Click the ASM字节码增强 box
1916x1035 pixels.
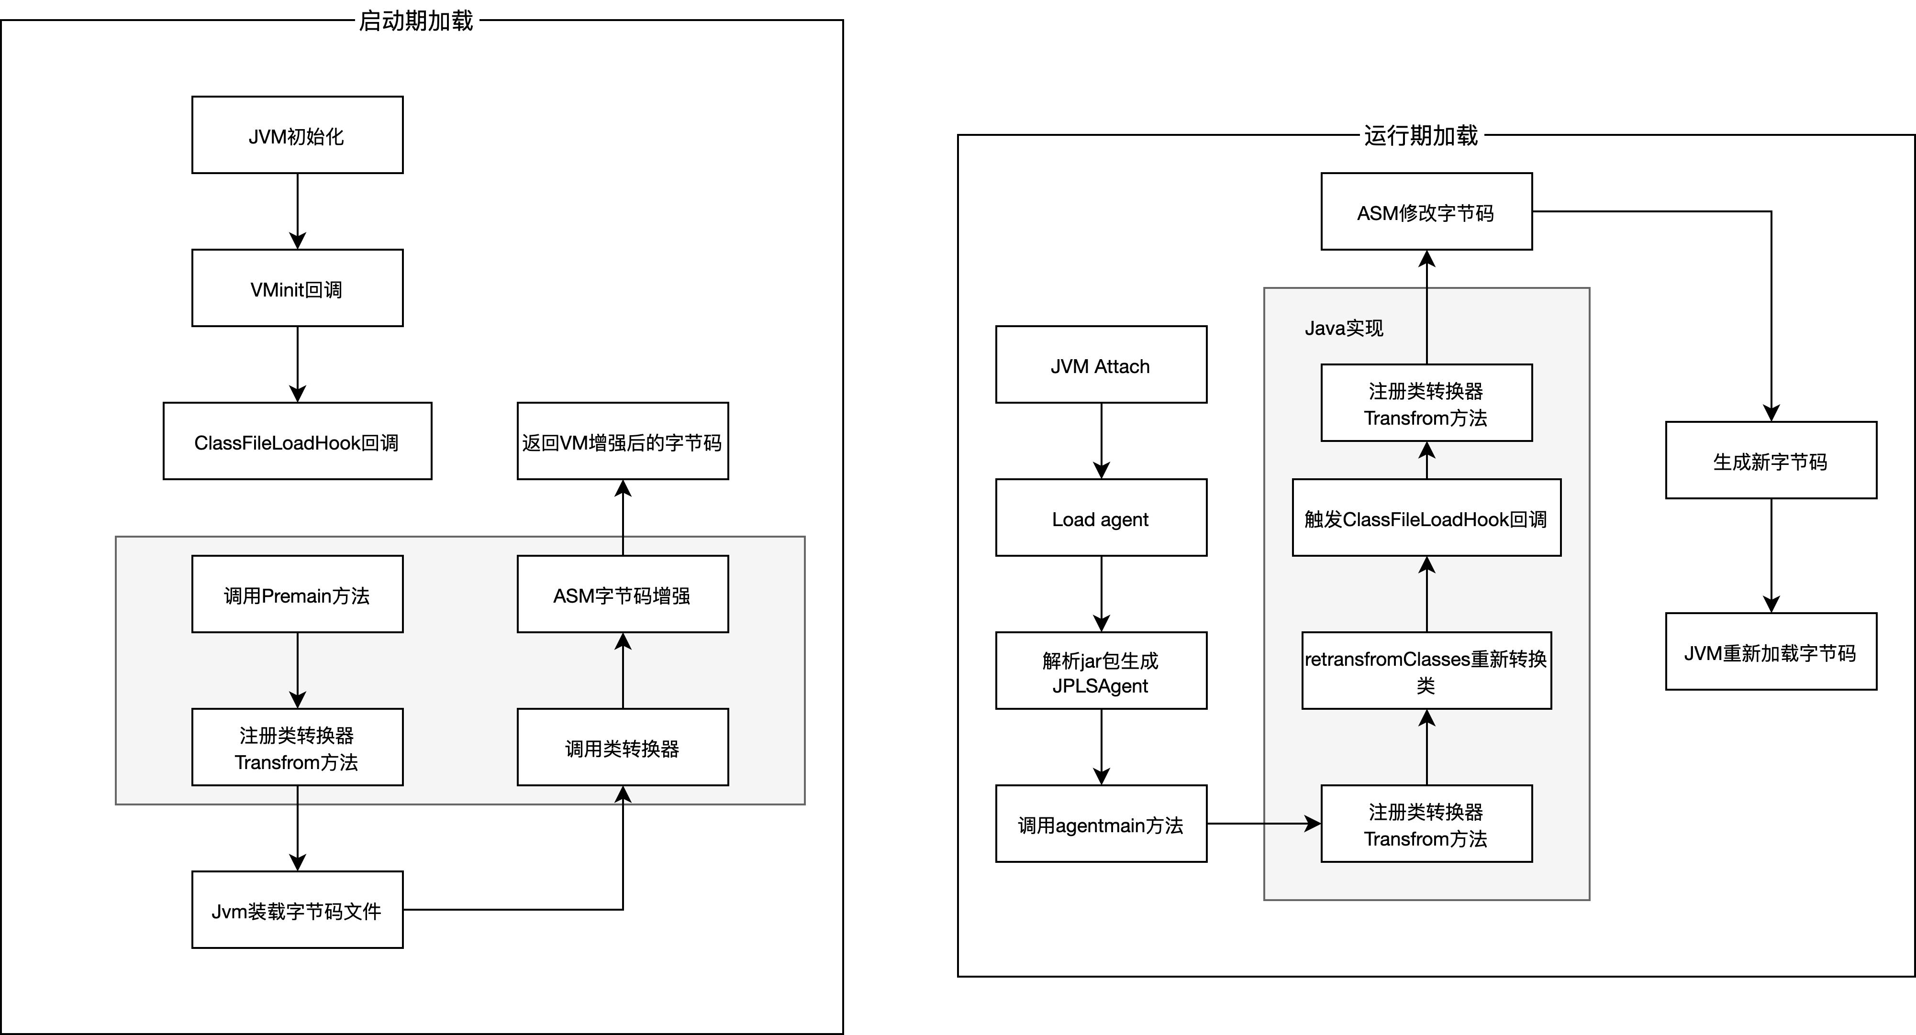point(623,595)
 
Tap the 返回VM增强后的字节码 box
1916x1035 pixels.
point(623,441)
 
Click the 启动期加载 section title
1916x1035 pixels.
point(416,21)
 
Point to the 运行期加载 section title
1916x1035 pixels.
point(1421,135)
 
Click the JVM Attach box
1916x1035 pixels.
point(1101,365)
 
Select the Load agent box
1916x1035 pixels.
point(1101,518)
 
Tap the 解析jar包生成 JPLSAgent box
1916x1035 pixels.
point(1101,672)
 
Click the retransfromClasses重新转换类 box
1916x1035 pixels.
point(1426,672)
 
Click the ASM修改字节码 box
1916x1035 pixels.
point(1426,212)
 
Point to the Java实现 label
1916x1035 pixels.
point(1344,328)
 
